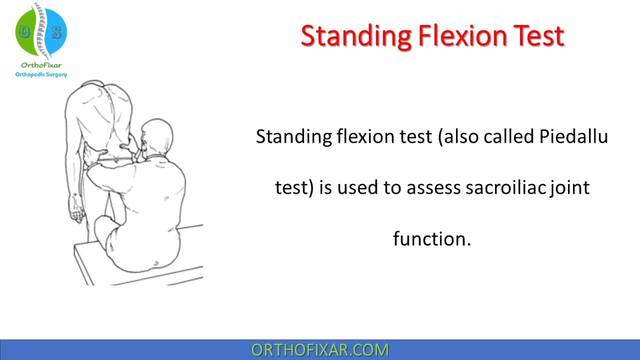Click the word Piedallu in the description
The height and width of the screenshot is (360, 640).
point(573,136)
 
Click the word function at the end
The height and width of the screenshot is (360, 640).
point(432,238)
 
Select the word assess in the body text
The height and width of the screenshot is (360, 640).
point(434,188)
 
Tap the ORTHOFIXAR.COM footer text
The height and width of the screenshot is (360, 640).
point(320,350)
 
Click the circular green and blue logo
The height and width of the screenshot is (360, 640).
point(41,31)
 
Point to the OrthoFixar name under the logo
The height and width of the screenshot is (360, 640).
point(41,65)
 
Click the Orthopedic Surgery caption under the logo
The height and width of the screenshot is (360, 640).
point(41,74)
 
